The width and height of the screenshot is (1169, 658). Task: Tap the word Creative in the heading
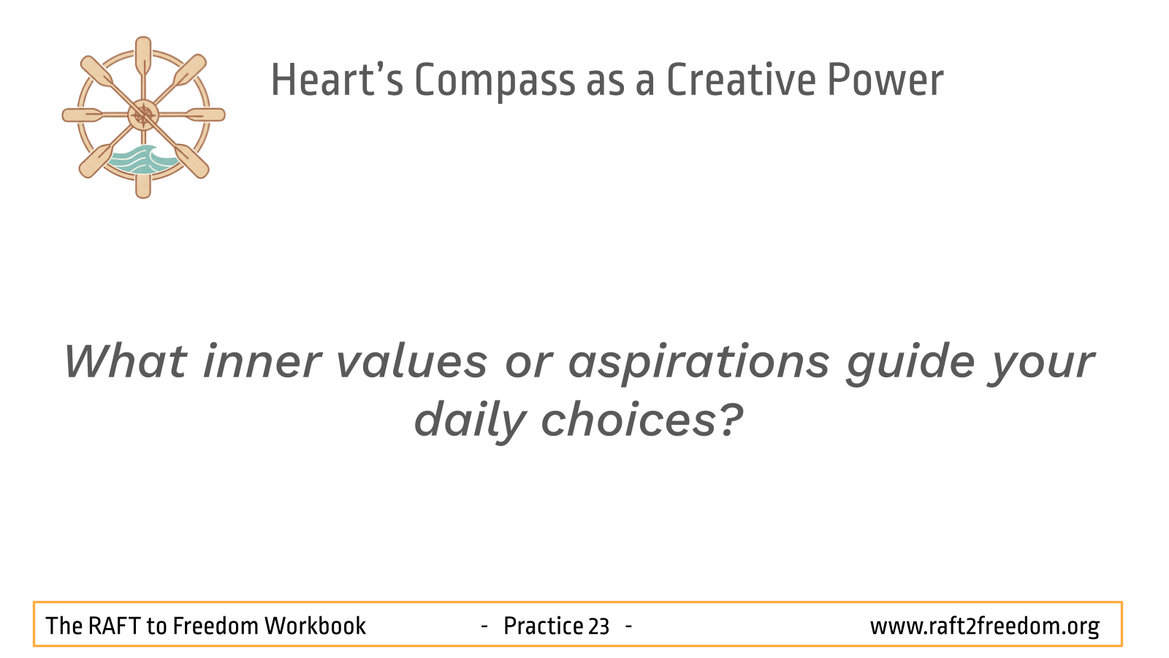click(742, 80)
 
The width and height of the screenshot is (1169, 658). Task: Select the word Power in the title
click(886, 80)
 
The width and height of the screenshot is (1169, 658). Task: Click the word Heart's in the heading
click(337, 80)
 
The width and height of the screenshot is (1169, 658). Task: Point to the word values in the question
click(412, 361)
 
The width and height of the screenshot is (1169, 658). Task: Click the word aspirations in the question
click(698, 365)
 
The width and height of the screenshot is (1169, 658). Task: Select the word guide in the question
click(910, 365)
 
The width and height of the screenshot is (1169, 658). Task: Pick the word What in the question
click(125, 361)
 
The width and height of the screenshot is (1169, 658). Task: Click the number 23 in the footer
click(598, 626)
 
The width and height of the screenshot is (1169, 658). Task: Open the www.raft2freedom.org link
click(985, 627)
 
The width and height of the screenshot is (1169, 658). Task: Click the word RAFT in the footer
click(114, 626)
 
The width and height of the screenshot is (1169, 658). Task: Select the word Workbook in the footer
click(315, 626)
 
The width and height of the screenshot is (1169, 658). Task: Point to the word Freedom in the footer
click(215, 626)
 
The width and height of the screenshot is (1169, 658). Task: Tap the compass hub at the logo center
click(143, 115)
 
